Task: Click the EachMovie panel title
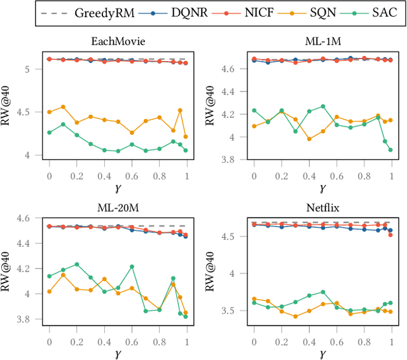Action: [118, 41]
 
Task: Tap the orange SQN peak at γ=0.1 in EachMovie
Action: [63, 107]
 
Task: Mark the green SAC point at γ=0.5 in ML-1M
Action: [322, 106]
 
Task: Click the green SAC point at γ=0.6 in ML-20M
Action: [132, 267]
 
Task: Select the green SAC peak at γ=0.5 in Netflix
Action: [322, 292]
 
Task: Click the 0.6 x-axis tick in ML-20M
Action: [132, 342]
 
